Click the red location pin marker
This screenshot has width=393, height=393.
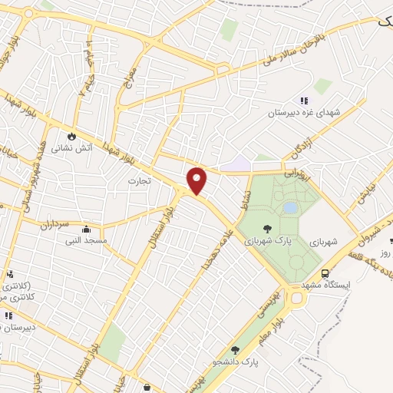tap(197, 180)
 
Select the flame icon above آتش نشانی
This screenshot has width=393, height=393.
tap(71, 136)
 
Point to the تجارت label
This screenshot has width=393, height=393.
tap(139, 181)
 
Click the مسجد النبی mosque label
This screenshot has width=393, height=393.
tap(86, 241)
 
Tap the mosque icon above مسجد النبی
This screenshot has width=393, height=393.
tap(86, 230)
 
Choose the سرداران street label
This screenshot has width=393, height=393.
tap(55, 224)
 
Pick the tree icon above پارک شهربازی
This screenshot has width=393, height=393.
tap(267, 228)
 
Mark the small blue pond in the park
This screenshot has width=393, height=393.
tap(290, 207)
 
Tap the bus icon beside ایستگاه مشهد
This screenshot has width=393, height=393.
tap(325, 273)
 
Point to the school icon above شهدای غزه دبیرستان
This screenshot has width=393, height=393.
tap(304, 100)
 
